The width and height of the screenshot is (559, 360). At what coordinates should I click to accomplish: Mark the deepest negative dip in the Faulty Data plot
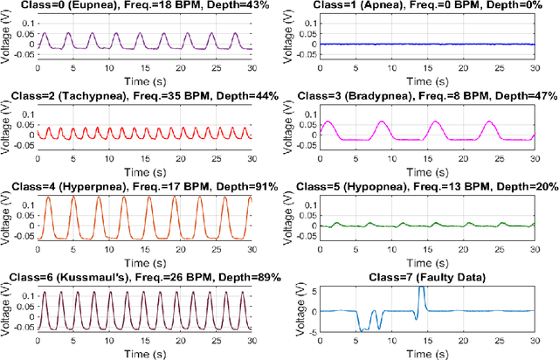(360, 329)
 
